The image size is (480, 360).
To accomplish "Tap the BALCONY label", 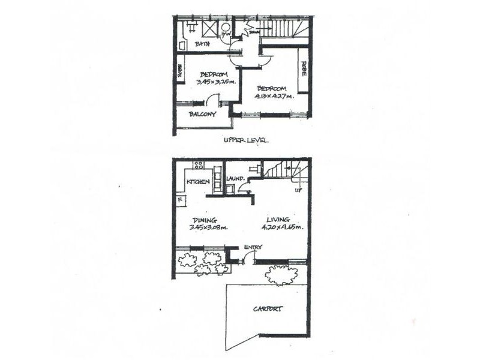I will pos(202,114).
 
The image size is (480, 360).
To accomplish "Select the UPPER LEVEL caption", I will pos(245,140).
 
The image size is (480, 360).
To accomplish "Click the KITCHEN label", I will pos(198,181).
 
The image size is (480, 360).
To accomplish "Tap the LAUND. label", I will pos(235,179).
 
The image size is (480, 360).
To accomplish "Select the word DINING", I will pos(204,220).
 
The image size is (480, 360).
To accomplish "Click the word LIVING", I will pos(279,220).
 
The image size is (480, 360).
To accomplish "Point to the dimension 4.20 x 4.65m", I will pos(281,227).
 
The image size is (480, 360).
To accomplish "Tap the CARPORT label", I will pos(268,309).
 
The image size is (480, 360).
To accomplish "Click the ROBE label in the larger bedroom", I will pos(304,71).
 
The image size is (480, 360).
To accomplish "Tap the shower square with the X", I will pos(209,28).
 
